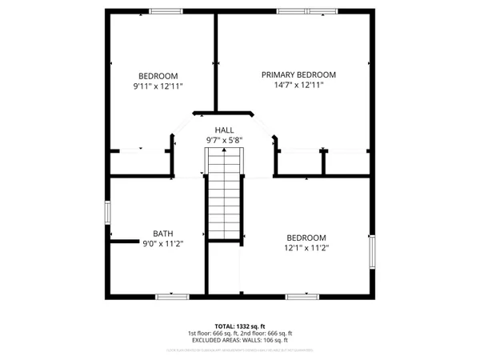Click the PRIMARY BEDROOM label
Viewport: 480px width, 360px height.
298,74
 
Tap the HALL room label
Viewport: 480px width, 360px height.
224,130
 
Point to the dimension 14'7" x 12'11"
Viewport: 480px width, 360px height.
298,85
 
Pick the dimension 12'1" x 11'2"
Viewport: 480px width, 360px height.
307,248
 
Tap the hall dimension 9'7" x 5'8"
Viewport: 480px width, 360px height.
224,140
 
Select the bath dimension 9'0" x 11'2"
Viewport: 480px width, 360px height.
163,243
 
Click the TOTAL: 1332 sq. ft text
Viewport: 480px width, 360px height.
240,326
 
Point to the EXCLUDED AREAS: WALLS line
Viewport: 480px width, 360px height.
240,340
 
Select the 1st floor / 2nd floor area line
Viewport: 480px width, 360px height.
240,334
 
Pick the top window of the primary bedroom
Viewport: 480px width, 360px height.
307,10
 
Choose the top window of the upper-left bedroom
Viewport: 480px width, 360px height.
166,10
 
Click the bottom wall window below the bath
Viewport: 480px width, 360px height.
171,296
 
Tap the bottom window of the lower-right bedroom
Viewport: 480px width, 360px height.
303,296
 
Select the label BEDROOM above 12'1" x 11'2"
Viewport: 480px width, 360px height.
307,238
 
